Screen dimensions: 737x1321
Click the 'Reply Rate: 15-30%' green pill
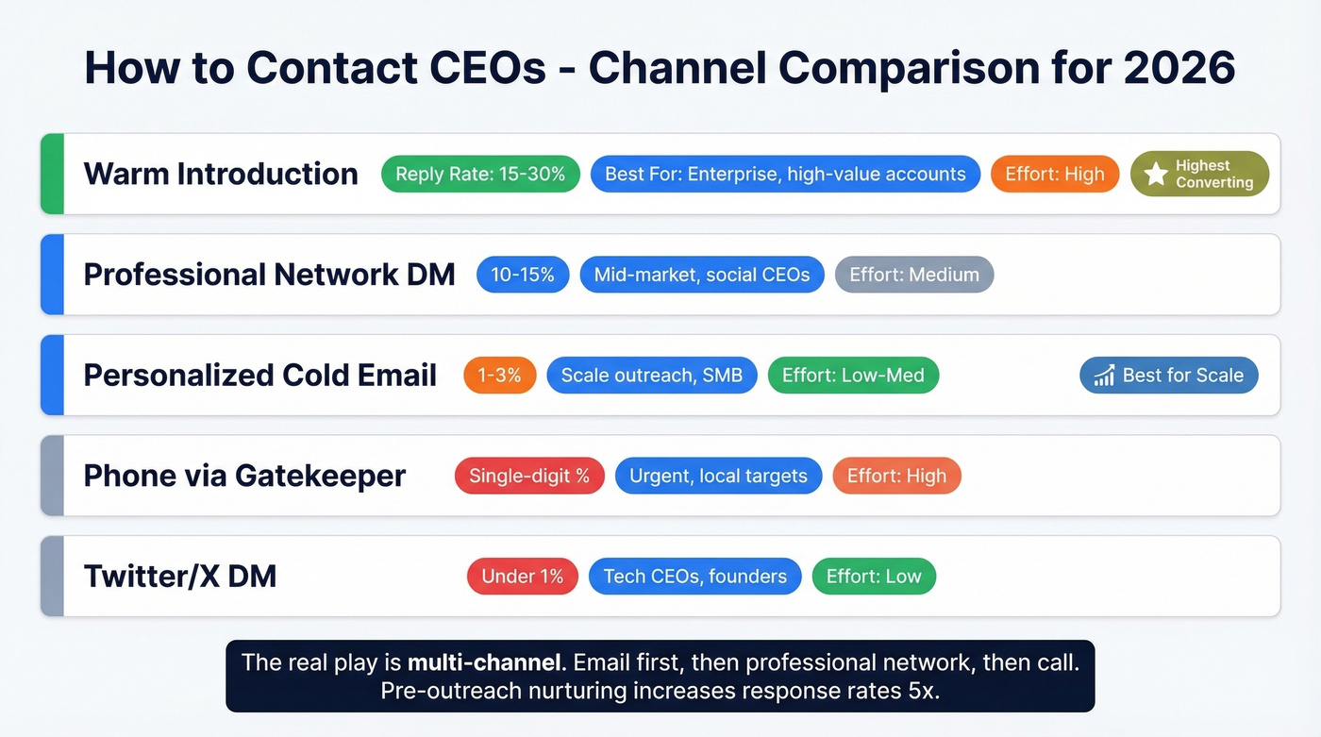pos(480,174)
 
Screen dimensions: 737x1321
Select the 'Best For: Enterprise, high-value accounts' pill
pos(785,174)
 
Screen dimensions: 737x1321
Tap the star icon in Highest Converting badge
pos(1156,174)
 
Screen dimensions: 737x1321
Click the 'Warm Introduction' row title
pos(221,174)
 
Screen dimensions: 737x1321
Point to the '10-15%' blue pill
pos(523,275)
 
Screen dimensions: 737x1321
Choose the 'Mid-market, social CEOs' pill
pos(702,275)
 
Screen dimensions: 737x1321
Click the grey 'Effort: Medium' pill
pos(914,275)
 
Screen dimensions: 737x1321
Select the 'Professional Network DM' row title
pos(269,275)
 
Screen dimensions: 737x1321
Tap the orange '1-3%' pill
pos(499,375)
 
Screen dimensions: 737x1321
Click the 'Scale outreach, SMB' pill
pos(652,375)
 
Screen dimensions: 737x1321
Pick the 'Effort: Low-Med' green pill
pos(853,375)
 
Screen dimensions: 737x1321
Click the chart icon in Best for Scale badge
pos(1104,376)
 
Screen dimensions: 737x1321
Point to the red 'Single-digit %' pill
pos(529,476)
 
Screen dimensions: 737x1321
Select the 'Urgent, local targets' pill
pos(718,476)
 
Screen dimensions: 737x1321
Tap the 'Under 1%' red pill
pos(522,577)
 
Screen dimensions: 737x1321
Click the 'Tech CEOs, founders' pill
pos(694,577)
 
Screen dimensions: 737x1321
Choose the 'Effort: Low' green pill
pos(874,577)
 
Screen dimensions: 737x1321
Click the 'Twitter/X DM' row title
pos(180,577)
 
